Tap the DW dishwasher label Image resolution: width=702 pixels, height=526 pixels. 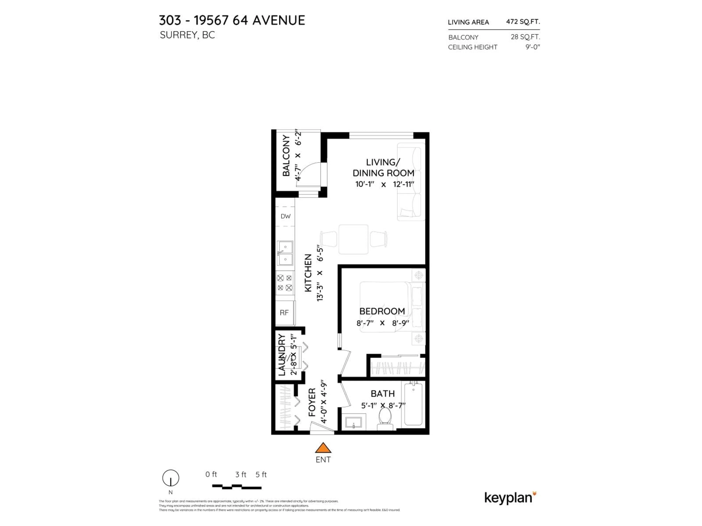pyautogui.click(x=285, y=216)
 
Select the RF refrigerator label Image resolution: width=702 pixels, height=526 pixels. pyautogui.click(x=284, y=313)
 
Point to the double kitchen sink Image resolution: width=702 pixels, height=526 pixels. pyautogui.click(x=285, y=253)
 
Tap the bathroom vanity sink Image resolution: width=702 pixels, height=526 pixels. pyautogui.click(x=354, y=423)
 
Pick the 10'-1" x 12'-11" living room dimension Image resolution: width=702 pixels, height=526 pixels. pyautogui.click(x=384, y=184)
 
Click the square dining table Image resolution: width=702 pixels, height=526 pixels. pyautogui.click(x=353, y=239)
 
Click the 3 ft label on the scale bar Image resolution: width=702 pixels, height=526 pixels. pyautogui.click(x=241, y=475)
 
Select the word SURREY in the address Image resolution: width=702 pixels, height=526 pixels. pyautogui.click(x=178, y=35)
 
